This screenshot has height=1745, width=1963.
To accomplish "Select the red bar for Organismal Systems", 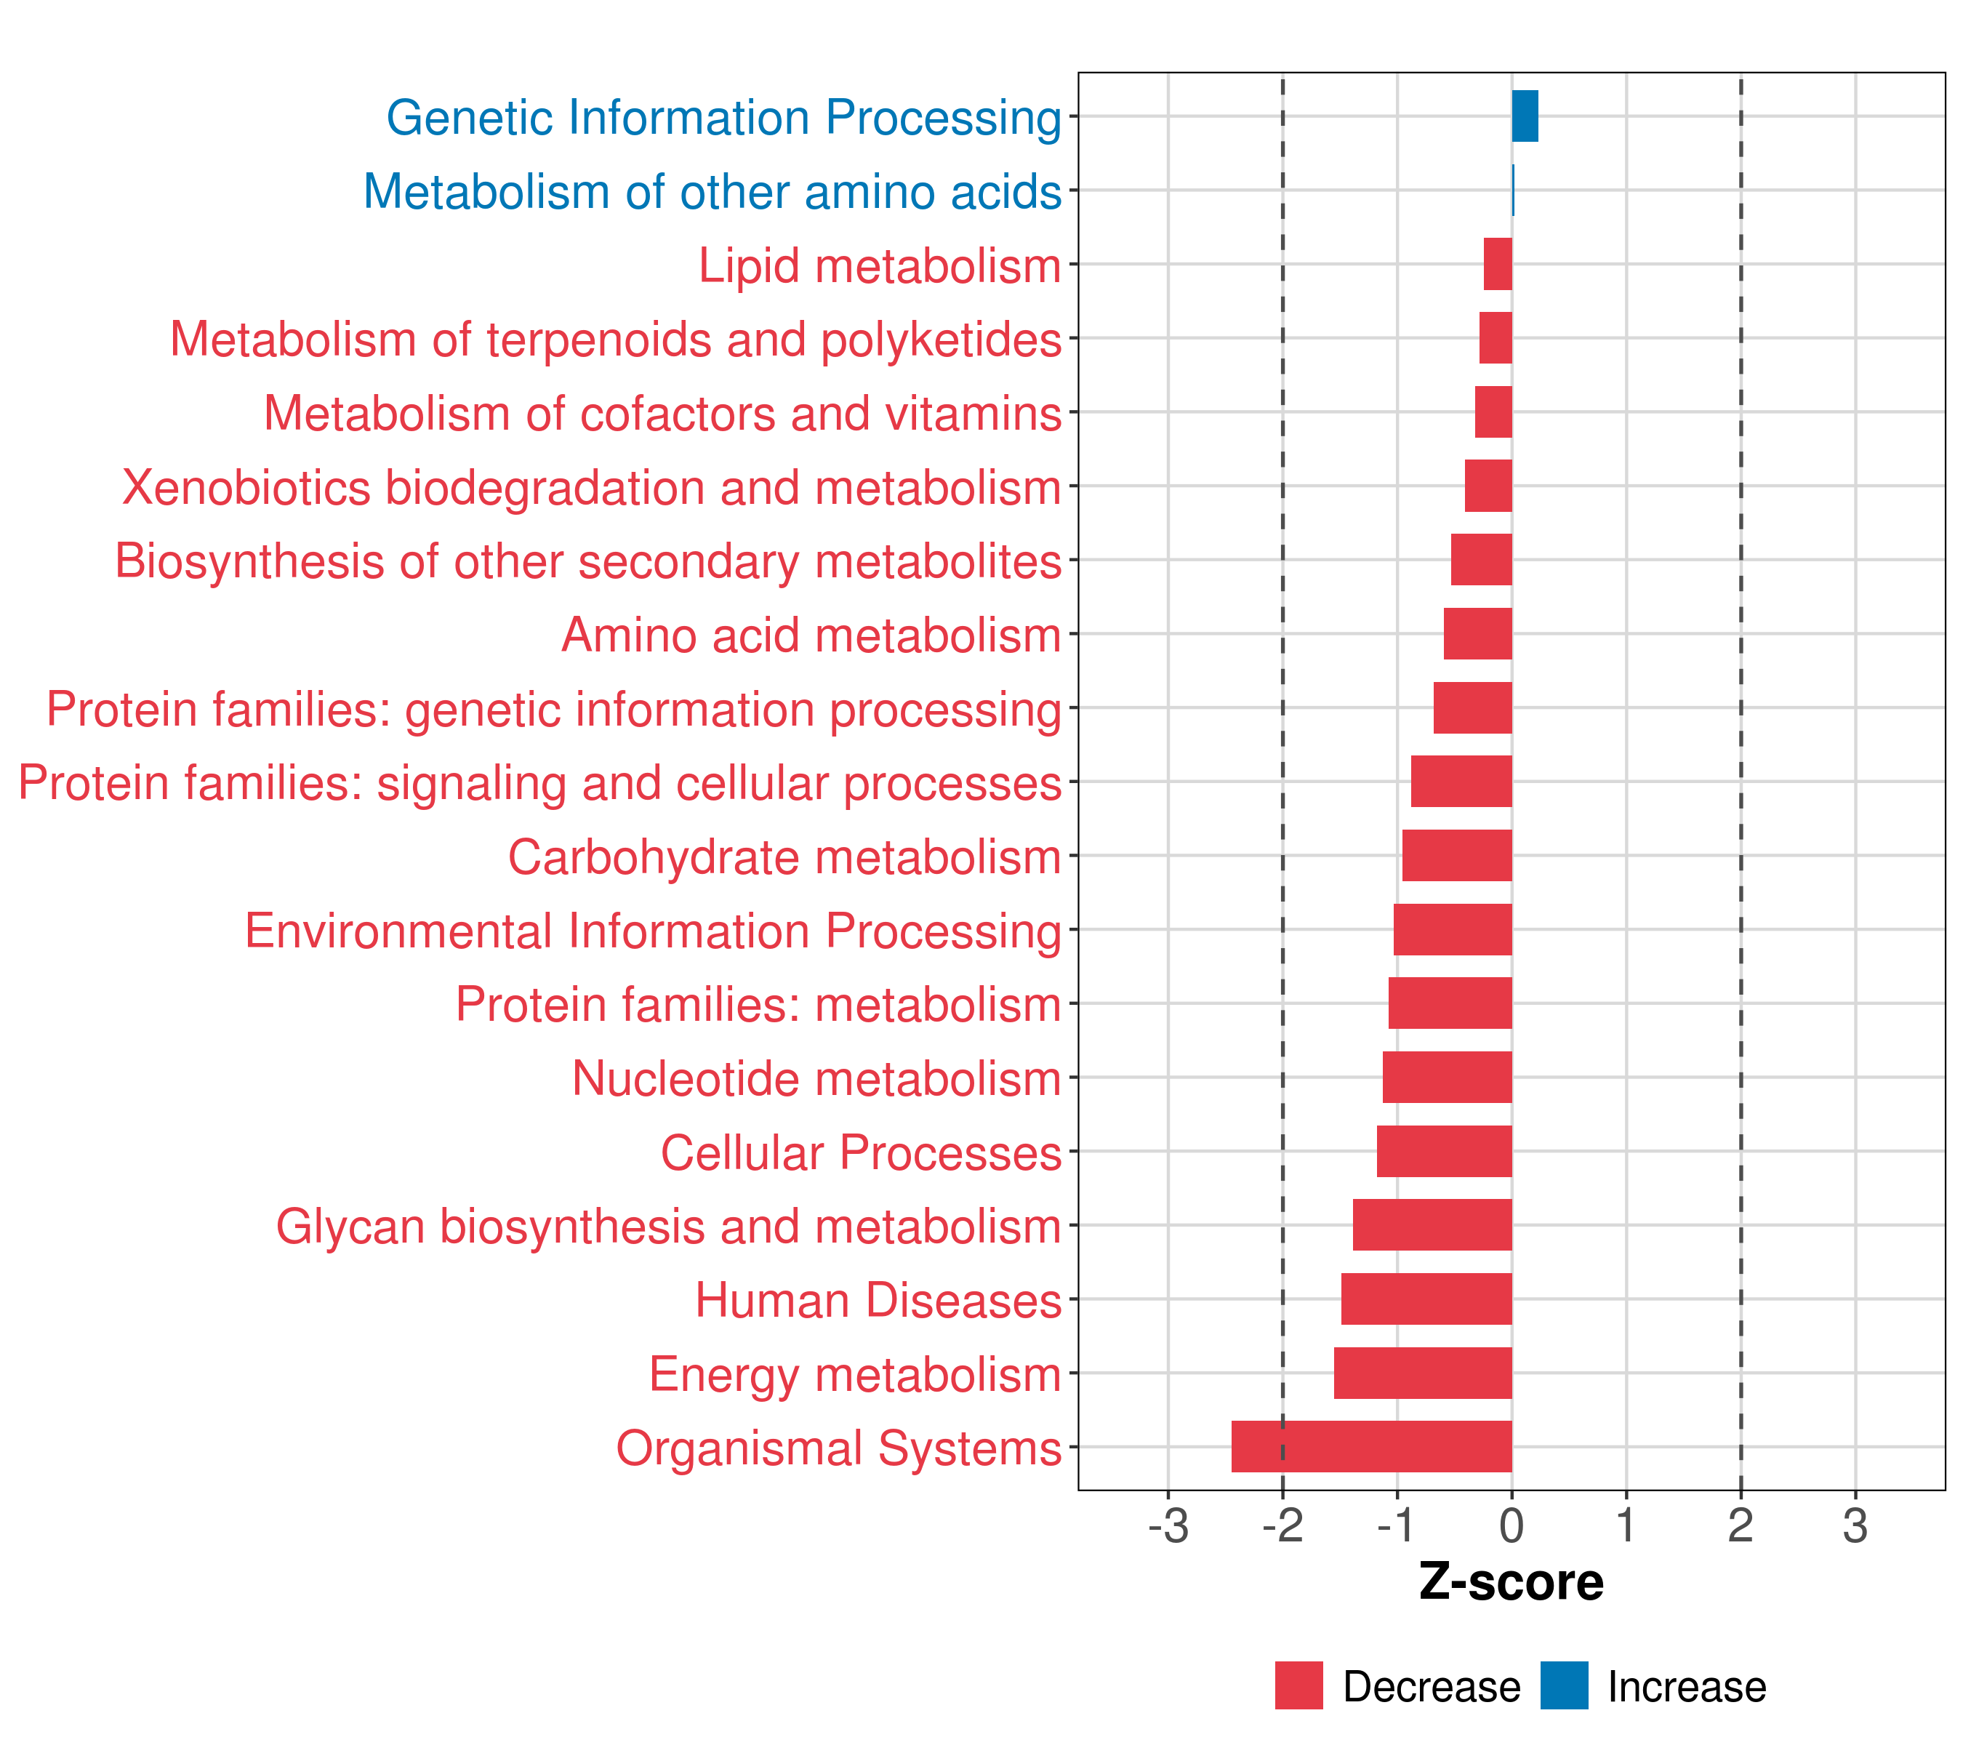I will (1370, 1446).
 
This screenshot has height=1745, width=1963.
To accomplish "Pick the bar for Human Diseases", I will (1426, 1299).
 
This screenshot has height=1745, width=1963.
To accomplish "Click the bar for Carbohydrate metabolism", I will (1456, 856).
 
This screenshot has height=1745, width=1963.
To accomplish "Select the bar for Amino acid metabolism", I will (1477, 634).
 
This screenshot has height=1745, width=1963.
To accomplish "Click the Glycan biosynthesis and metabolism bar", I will (1432, 1224).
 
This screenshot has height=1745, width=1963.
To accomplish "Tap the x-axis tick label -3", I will (1168, 1526).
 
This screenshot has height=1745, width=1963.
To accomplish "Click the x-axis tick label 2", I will (1741, 1526).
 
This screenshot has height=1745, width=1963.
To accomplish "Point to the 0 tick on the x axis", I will (1512, 1526).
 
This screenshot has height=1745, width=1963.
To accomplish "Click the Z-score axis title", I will (1511, 1583).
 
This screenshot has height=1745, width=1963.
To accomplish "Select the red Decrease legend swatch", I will (1298, 1685).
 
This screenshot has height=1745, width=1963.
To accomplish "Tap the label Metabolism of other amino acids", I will (712, 192).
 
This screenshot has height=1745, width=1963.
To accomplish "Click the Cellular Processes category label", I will (861, 1152).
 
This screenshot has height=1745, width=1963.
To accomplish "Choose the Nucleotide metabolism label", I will (816, 1078).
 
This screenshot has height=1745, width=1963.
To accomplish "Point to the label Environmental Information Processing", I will (653, 931).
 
